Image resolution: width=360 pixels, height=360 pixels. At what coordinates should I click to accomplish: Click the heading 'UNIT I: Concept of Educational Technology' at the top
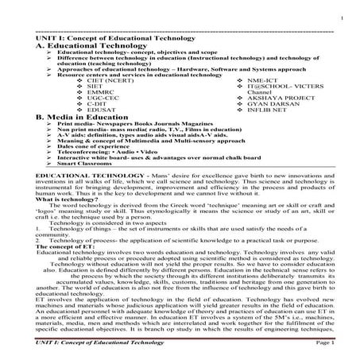pyautogui.click(x=106, y=38)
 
